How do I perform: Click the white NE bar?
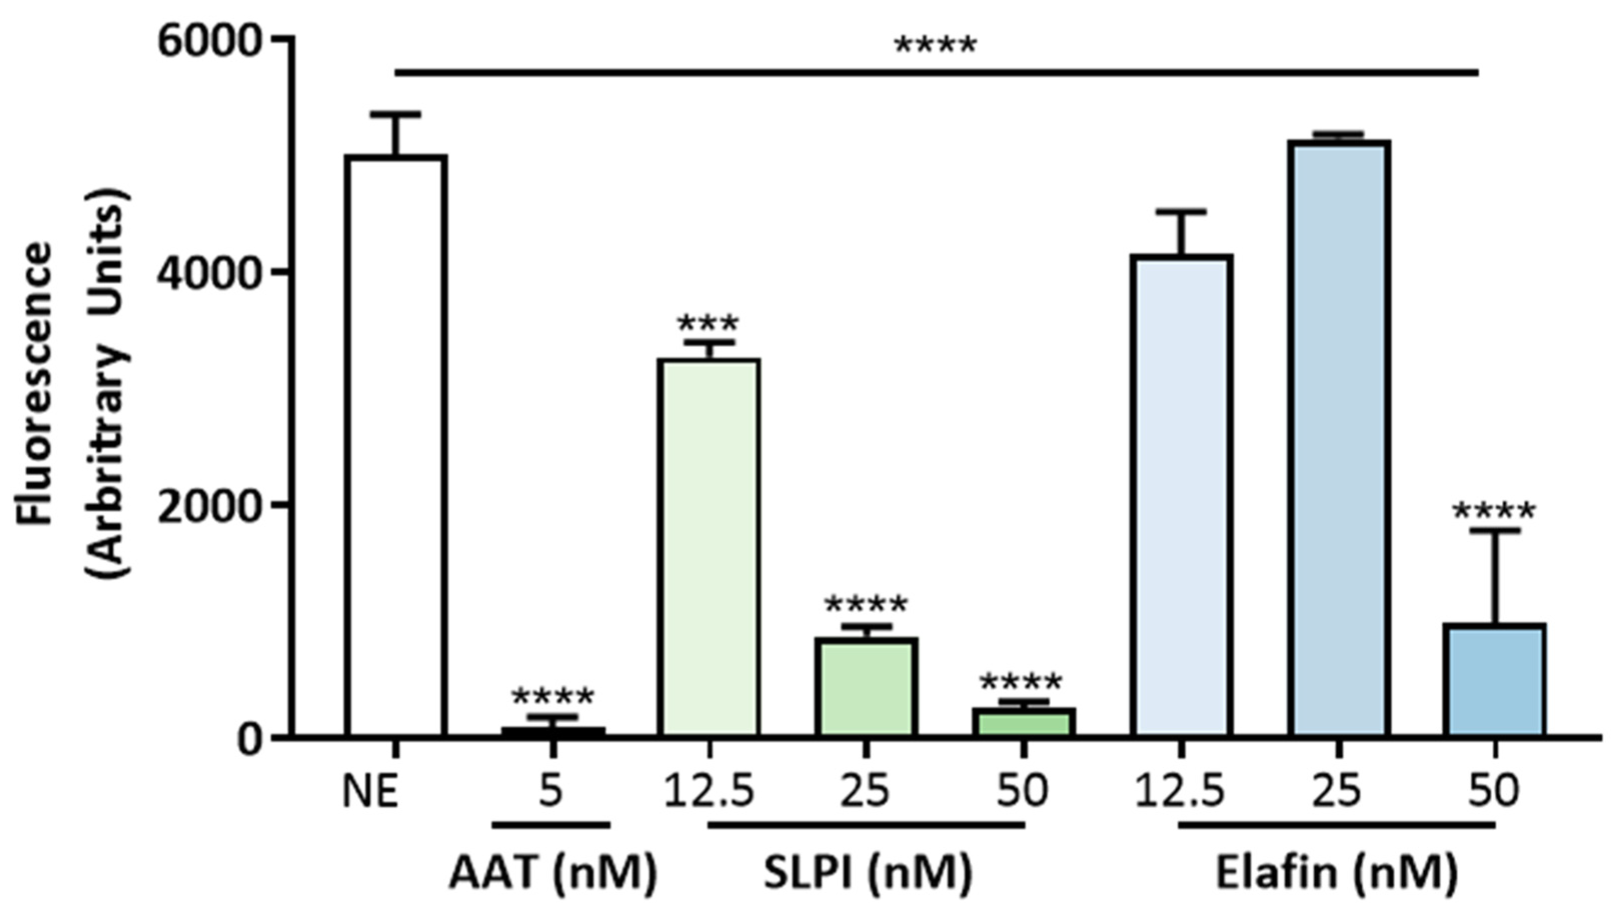pos(396,443)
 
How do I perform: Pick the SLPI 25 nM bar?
pos(865,687)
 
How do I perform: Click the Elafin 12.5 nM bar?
pos(1181,494)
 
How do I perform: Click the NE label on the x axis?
pos(371,791)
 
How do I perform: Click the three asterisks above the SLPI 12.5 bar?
pos(708,324)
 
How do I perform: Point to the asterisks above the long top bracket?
pos(935,45)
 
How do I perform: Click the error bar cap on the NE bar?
pos(396,114)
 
